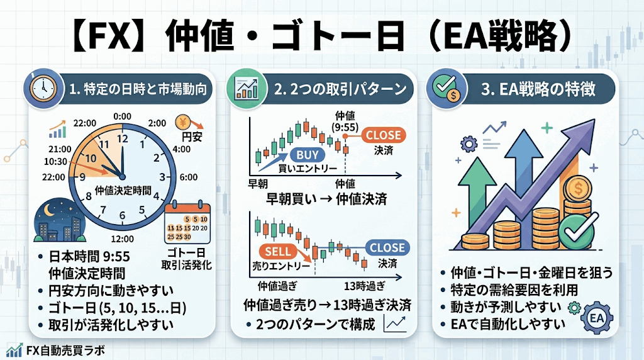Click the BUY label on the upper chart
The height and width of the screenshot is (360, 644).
308,155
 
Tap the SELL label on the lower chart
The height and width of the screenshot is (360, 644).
277,252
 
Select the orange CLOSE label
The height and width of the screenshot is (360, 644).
383,135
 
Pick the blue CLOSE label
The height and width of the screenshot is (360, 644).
387,247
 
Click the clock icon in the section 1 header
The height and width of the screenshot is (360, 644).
43,89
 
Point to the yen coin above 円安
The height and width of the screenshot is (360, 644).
183,122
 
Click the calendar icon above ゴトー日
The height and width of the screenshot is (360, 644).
187,222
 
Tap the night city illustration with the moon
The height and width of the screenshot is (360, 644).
60,220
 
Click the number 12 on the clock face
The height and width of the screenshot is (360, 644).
123,138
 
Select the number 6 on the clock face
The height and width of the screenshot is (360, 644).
122,216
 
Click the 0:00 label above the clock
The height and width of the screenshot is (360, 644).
123,116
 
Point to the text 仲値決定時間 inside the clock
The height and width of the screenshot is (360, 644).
123,190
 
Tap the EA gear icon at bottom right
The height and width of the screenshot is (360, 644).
596,318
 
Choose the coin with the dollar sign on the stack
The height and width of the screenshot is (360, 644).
577,189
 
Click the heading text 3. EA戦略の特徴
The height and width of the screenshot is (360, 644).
538,89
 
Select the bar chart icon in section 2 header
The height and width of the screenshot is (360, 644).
246,89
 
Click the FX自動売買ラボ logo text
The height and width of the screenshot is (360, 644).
65,351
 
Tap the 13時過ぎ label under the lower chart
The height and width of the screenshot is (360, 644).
364,285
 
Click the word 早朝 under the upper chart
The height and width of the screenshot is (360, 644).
258,184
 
